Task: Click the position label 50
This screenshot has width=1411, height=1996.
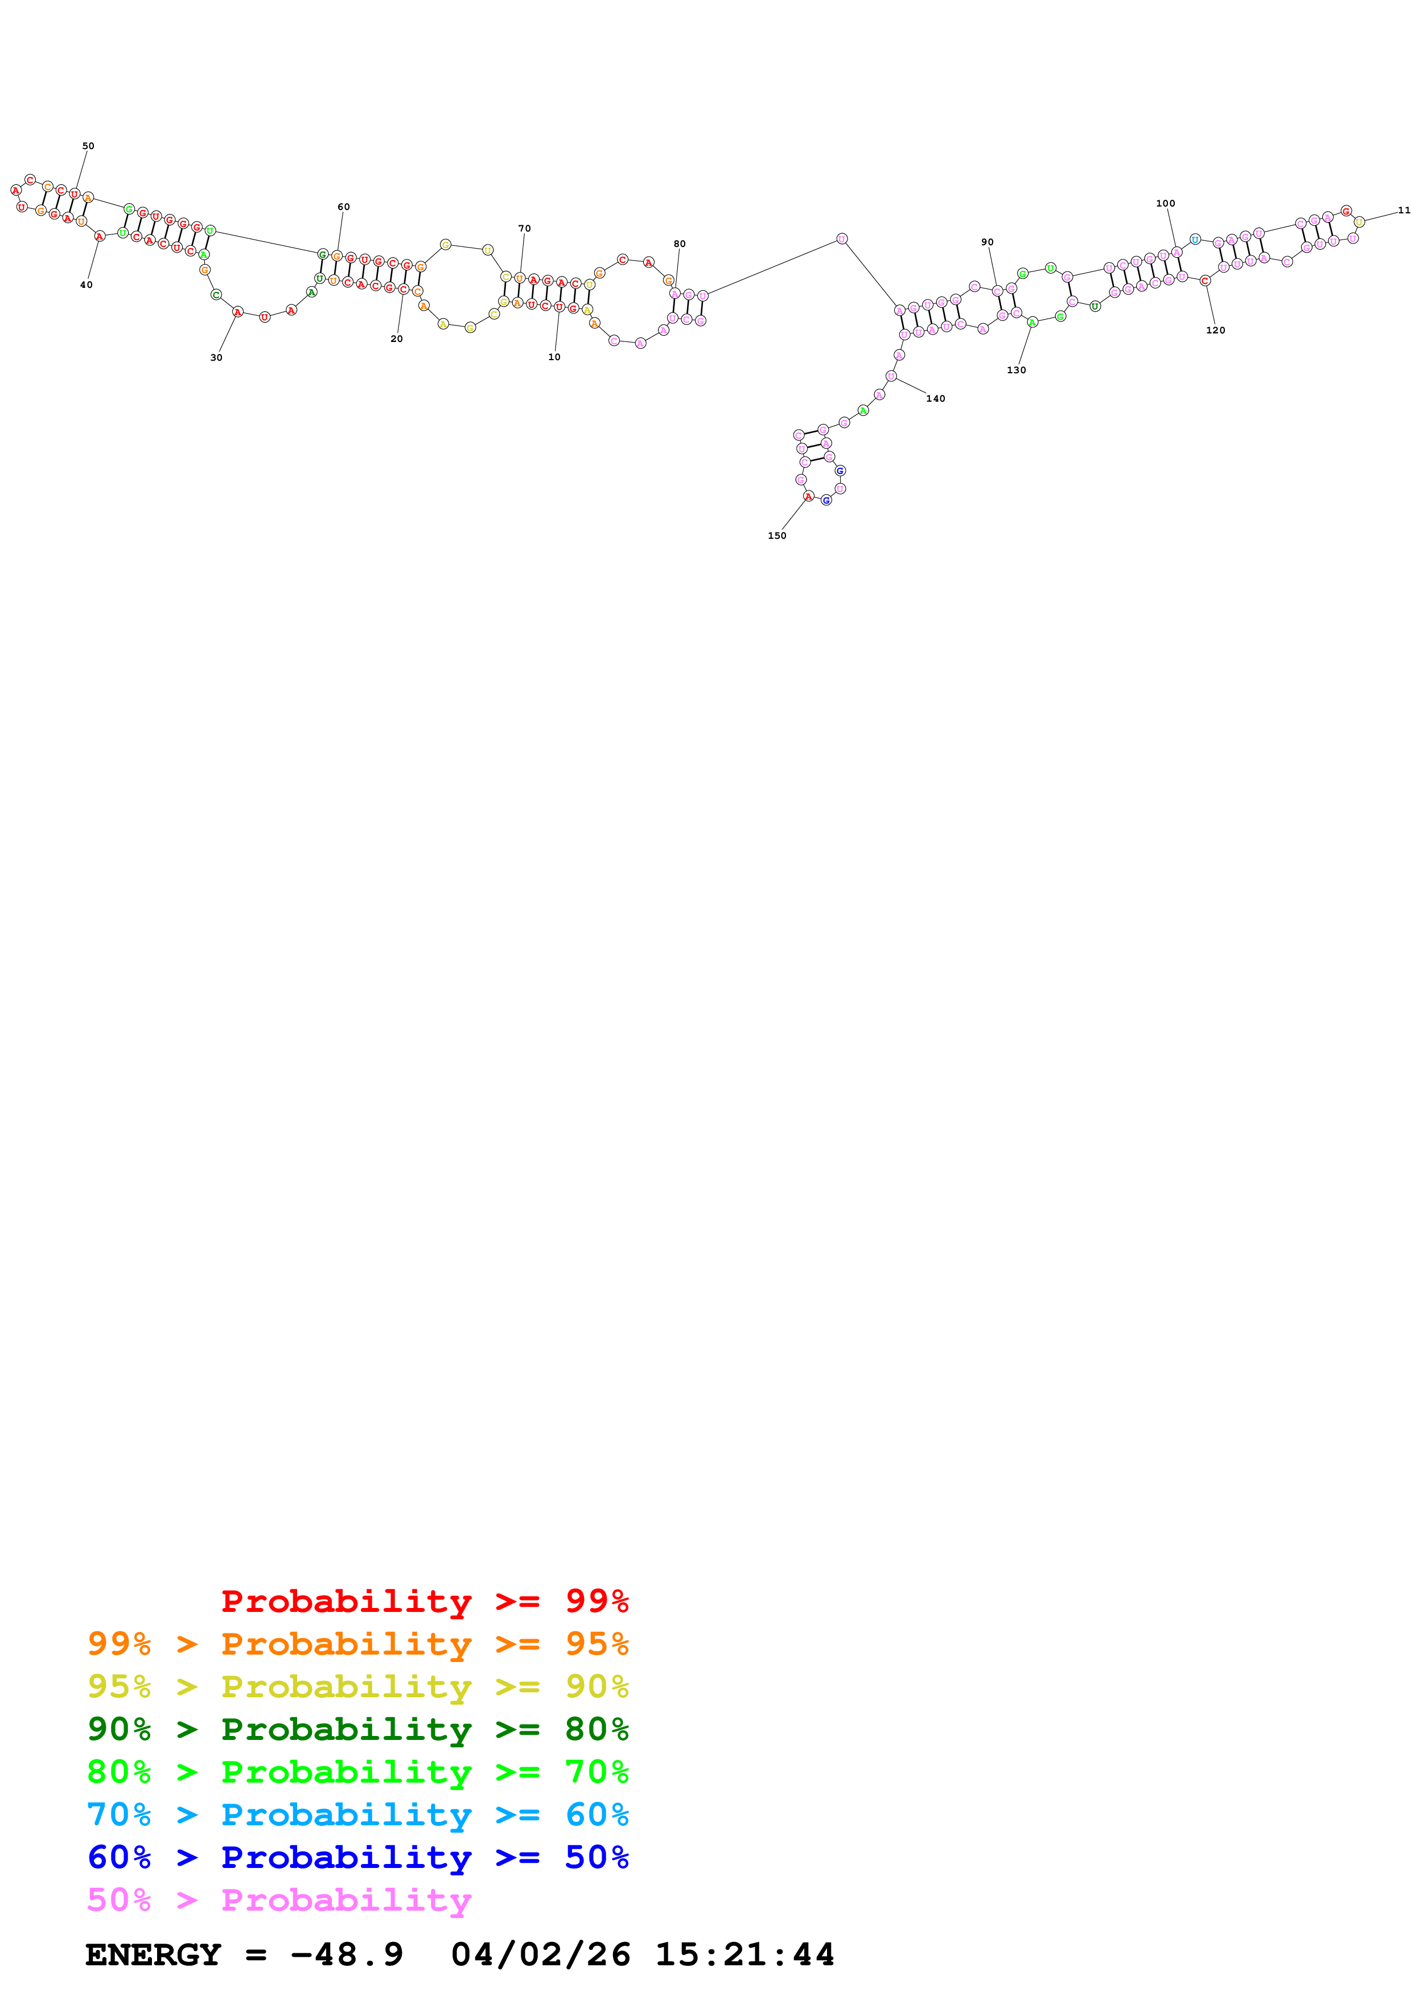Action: [x=88, y=146]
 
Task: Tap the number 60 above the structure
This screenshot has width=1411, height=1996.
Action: [x=343, y=207]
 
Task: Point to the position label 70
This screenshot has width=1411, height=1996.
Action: [x=524, y=229]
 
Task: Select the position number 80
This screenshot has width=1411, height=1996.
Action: [x=679, y=244]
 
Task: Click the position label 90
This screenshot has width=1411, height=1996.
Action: [x=987, y=242]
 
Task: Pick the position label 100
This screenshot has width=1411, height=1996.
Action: [x=1165, y=204]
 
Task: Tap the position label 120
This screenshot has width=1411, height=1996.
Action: [x=1215, y=331]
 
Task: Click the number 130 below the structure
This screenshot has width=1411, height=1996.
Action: [x=1017, y=370]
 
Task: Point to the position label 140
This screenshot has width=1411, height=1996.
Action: [x=936, y=399]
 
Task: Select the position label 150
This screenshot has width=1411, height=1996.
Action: [x=776, y=537]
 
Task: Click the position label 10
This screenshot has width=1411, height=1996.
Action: [x=554, y=357]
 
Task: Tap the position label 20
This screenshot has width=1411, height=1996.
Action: [x=397, y=339]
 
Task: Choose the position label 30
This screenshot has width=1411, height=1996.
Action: [x=216, y=357]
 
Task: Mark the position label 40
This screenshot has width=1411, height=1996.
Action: [x=86, y=285]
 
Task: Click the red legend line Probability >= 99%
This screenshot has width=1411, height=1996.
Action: [x=424, y=1601]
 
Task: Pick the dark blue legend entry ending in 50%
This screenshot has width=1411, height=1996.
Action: [x=358, y=1857]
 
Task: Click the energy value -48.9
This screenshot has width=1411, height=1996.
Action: [x=347, y=1955]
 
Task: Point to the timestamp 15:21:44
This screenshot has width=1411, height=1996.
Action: [x=744, y=1955]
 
